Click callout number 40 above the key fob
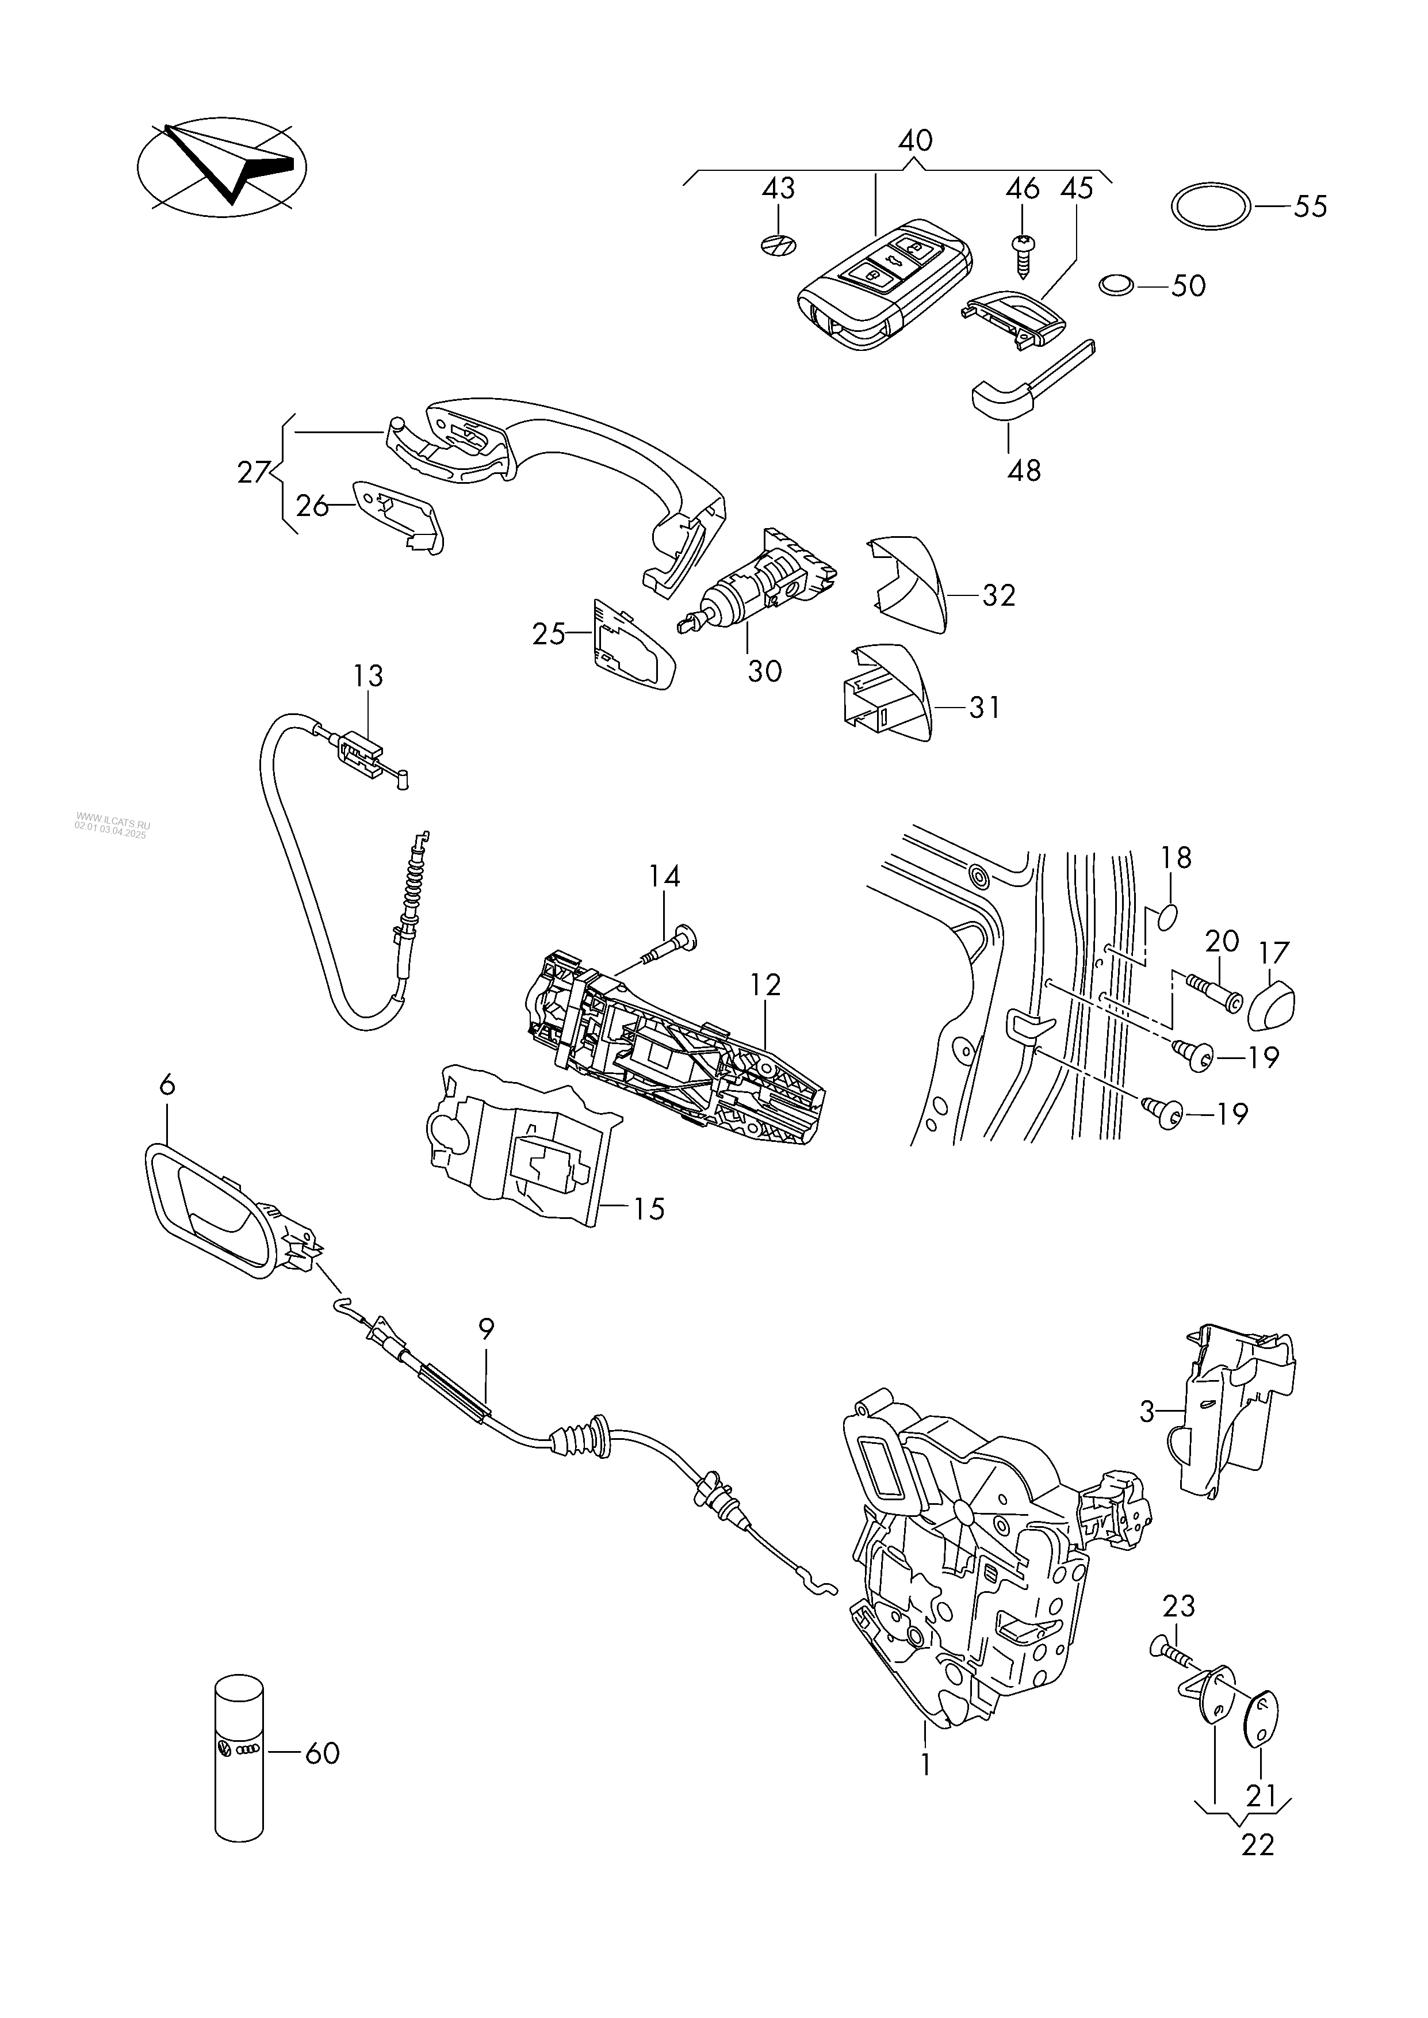pyautogui.click(x=916, y=141)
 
